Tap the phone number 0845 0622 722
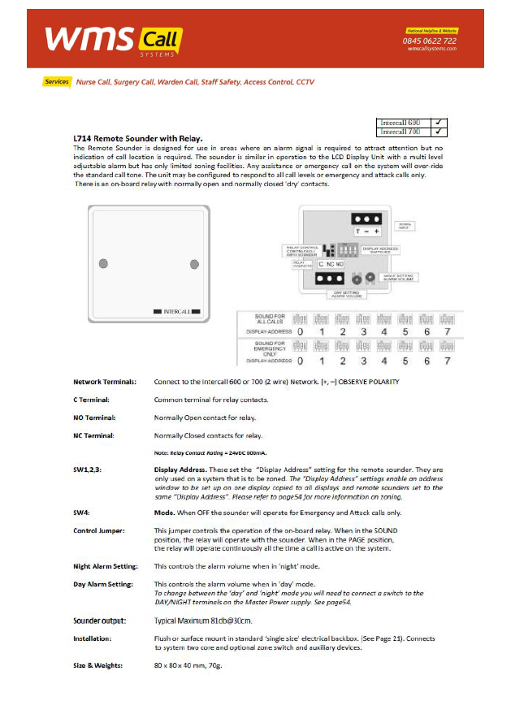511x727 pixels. (x=431, y=41)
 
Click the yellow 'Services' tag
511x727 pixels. (x=57, y=82)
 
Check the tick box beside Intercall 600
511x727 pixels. (x=439, y=122)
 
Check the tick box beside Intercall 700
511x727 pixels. (x=439, y=131)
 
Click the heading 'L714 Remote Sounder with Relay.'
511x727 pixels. (x=138, y=138)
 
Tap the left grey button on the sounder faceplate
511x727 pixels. (x=103, y=264)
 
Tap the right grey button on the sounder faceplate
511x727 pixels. (x=194, y=264)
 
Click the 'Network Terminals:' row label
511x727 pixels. (x=105, y=382)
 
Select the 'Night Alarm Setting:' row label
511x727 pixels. (x=105, y=565)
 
